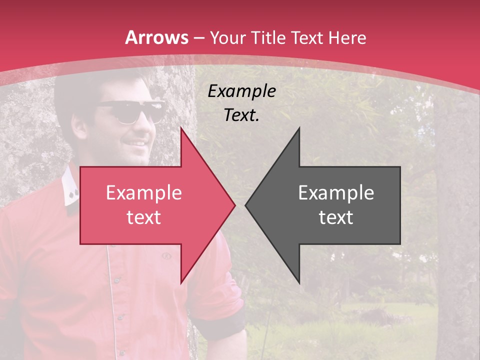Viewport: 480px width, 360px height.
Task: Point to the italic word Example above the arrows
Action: (x=242, y=91)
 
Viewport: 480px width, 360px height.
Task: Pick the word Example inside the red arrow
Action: (x=144, y=193)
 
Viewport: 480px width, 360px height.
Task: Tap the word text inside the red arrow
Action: (x=144, y=217)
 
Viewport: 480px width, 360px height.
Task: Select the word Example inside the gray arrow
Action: (x=336, y=193)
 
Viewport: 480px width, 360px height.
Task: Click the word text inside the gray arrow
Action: (x=336, y=217)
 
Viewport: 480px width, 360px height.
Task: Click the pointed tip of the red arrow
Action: (x=234, y=204)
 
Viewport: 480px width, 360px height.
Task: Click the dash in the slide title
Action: (x=199, y=38)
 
